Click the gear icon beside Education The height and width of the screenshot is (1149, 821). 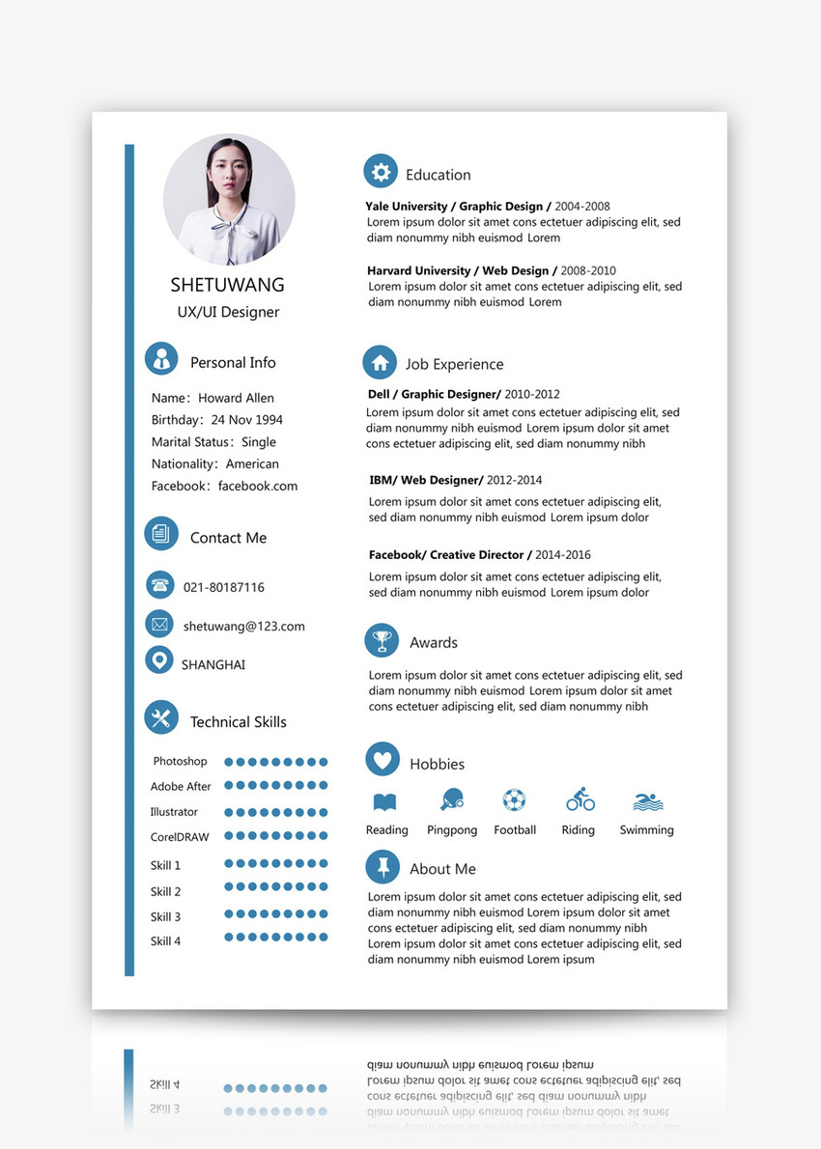pyautogui.click(x=381, y=172)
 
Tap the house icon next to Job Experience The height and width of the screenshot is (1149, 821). pyautogui.click(x=380, y=363)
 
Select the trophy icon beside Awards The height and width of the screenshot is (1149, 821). pyautogui.click(x=382, y=640)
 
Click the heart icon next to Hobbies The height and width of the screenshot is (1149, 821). pyautogui.click(x=382, y=760)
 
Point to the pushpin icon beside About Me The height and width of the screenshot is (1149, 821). pyautogui.click(x=382, y=866)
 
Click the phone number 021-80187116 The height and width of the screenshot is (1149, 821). pyautogui.click(x=223, y=587)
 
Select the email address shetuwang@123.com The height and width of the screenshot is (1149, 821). pyautogui.click(x=243, y=626)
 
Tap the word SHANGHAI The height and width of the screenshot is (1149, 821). pyautogui.click(x=212, y=664)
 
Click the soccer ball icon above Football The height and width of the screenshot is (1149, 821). pyautogui.click(x=514, y=800)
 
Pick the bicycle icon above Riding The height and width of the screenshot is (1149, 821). pyautogui.click(x=580, y=799)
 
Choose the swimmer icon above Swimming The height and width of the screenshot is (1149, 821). pyautogui.click(x=647, y=801)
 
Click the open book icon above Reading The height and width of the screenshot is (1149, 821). pyautogui.click(x=384, y=801)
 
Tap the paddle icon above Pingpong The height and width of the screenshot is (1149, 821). pyautogui.click(x=451, y=799)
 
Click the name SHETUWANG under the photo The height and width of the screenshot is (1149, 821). pyautogui.click(x=228, y=285)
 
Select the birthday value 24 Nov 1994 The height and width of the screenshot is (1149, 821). pyautogui.click(x=246, y=420)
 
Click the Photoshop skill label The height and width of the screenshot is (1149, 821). pyautogui.click(x=180, y=762)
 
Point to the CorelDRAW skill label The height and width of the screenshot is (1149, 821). pyautogui.click(x=180, y=837)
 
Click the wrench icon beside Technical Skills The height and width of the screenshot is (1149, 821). pyautogui.click(x=161, y=717)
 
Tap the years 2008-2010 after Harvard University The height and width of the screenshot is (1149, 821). pyautogui.click(x=587, y=270)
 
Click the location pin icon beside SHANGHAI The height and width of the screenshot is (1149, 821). pyautogui.click(x=158, y=660)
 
